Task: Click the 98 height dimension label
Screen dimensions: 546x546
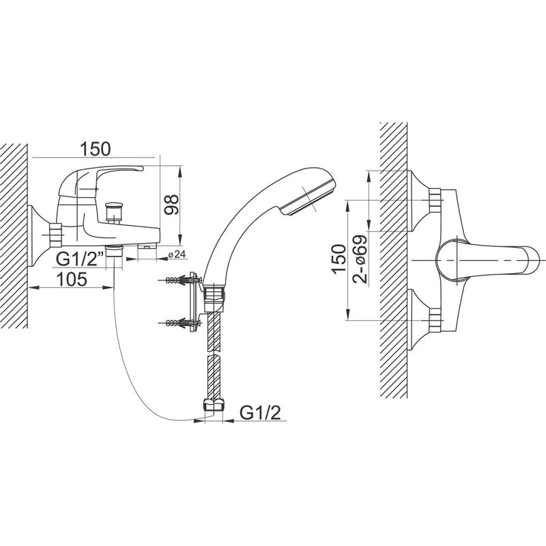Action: point(171,205)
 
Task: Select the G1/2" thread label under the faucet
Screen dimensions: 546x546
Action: point(80,259)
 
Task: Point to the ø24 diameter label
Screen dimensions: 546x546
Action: point(177,255)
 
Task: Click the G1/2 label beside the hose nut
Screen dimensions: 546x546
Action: point(260,413)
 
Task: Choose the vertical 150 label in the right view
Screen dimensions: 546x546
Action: point(339,260)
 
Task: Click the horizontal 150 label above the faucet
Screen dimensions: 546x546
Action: point(95,148)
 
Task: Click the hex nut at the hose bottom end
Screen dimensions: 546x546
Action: point(213,406)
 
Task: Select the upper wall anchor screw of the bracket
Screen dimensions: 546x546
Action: point(179,279)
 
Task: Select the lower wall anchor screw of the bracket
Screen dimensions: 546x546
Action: point(179,322)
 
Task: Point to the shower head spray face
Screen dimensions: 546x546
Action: point(308,199)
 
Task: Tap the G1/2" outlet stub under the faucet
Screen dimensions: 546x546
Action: point(114,250)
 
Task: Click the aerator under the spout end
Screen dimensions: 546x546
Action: point(147,246)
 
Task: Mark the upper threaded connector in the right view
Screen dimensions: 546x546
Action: point(435,200)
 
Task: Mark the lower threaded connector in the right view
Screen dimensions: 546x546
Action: point(435,320)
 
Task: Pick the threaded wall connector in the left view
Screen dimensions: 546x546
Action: point(55,235)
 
